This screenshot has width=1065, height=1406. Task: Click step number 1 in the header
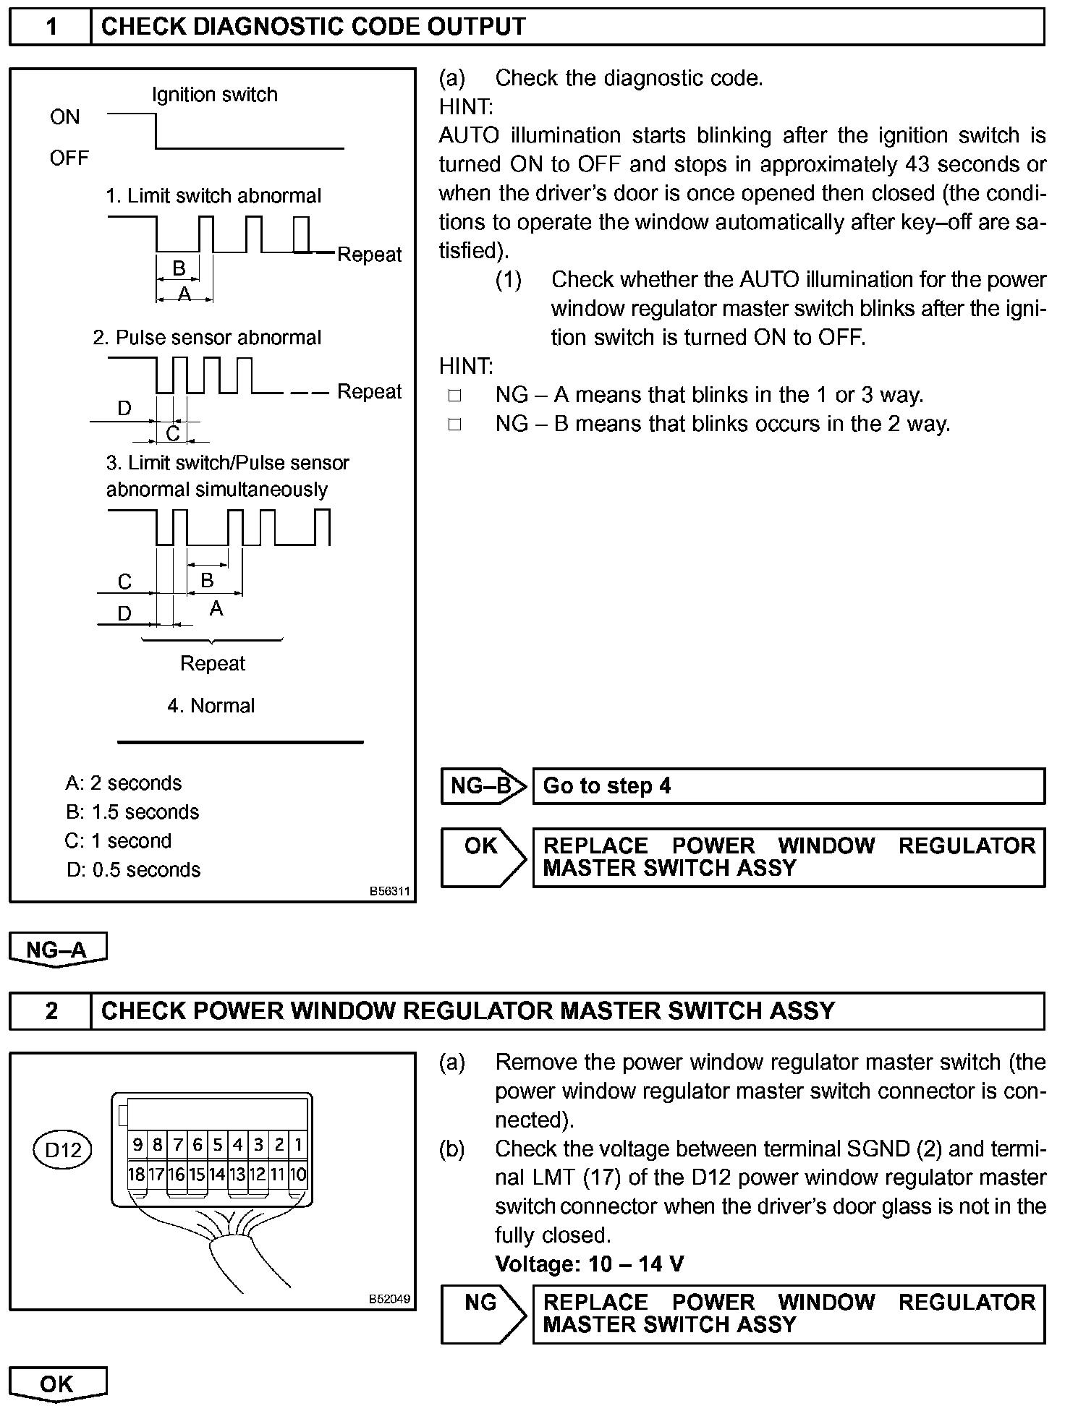coord(51,27)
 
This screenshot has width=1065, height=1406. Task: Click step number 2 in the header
coord(51,1010)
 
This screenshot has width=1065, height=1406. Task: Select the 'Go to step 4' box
coord(789,786)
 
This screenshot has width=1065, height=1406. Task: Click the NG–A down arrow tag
coord(58,950)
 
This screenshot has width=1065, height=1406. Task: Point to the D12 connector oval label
coord(63,1149)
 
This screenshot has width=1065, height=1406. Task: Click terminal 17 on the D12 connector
coord(156,1174)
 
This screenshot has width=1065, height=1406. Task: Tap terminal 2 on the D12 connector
coord(279,1145)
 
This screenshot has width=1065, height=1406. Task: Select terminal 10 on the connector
coord(298,1174)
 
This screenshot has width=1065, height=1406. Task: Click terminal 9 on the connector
coord(137,1145)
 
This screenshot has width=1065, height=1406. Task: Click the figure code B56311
coord(389,892)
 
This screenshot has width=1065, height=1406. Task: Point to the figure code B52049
coord(389,1298)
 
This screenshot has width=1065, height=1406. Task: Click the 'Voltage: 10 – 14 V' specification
coord(590,1264)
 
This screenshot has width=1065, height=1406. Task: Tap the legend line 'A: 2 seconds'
coord(124,783)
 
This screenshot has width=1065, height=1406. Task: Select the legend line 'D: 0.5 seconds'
coord(133,870)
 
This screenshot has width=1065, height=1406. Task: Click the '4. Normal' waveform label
coord(211,706)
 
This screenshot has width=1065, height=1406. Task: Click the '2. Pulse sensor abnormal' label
coord(207,338)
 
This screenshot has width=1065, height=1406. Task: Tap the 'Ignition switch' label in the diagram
coord(215,95)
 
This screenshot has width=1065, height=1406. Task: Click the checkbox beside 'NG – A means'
coord(454,396)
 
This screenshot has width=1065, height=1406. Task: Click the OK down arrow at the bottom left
coord(58,1384)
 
